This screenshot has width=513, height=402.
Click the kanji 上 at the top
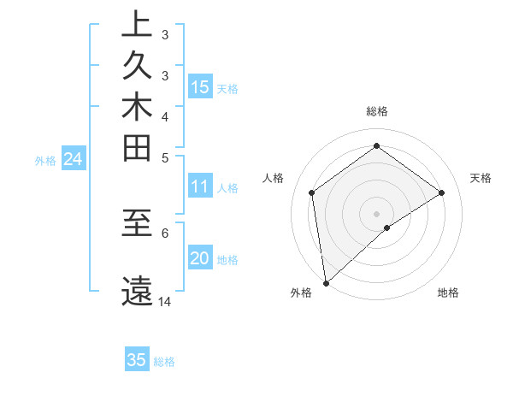[x=137, y=26]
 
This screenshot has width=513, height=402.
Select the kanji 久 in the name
[x=137, y=68]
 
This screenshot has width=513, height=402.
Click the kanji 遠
[x=137, y=291]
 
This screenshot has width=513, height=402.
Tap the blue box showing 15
[x=200, y=86]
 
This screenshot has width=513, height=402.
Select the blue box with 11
[x=200, y=186]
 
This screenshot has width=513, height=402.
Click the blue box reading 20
[x=200, y=258]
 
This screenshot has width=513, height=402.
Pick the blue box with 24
[x=74, y=158]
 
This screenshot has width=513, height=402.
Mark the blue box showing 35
[x=137, y=360]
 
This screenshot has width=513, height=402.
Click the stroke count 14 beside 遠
[x=165, y=302]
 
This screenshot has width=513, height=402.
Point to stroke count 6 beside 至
[x=165, y=232]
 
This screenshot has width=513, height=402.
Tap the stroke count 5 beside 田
[x=165, y=157]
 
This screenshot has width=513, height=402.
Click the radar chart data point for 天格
[x=441, y=192]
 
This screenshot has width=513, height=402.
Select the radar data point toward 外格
[x=325, y=283]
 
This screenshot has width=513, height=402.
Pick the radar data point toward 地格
[x=387, y=228]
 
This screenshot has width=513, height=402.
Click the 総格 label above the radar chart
[x=377, y=111]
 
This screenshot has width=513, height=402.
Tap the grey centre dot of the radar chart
[x=377, y=213]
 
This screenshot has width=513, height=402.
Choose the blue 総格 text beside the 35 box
[x=164, y=362]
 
